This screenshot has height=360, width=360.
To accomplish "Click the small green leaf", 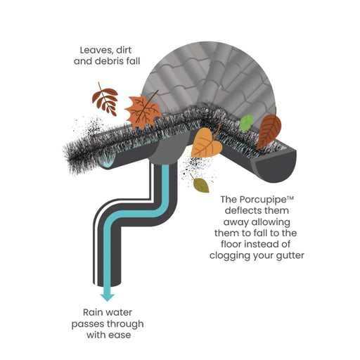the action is coord(246,123).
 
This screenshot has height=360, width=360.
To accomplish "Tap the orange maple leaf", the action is coord(143,110).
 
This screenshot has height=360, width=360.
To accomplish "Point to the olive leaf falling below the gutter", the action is coord(200,184).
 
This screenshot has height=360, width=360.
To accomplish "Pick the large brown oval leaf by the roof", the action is coord(269,130).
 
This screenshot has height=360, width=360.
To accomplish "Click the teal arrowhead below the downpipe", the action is coord(108,297).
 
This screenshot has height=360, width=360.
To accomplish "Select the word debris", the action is coord(110,61).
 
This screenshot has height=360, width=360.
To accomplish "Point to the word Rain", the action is coord(93,312).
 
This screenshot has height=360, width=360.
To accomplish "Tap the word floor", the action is coord(231,244).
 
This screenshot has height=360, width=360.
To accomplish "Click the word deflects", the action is coord(242,210).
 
